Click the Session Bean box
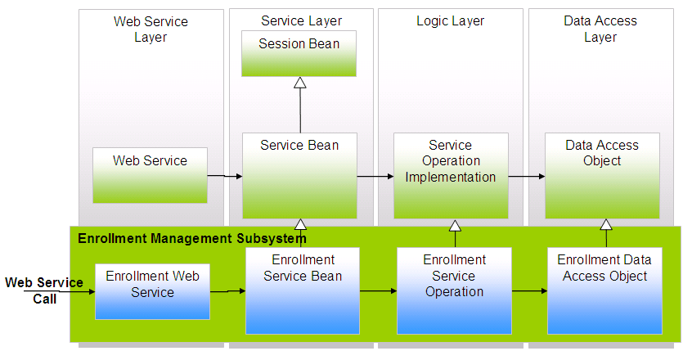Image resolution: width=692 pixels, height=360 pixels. pyautogui.click(x=299, y=53)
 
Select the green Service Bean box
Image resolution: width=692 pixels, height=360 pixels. pyautogui.click(x=299, y=175)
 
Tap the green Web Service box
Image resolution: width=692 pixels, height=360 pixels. pyautogui.click(x=150, y=175)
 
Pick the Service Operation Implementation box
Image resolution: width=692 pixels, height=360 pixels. pyautogui.click(x=451, y=175)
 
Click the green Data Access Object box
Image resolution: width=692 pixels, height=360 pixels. pyautogui.click(x=602, y=175)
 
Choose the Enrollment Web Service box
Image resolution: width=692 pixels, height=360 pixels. pyautogui.click(x=152, y=290)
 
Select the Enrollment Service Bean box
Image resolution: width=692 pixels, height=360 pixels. pyautogui.click(x=303, y=290)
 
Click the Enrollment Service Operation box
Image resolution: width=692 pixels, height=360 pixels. pyautogui.click(x=454, y=290)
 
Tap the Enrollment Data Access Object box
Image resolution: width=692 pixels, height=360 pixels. pyautogui.click(x=604, y=290)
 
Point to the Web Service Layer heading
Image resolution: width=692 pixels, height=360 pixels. pyautogui.click(x=151, y=29)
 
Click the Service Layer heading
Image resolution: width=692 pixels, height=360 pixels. pyautogui.click(x=301, y=20)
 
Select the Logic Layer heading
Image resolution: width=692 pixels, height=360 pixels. pyautogui.click(x=450, y=20)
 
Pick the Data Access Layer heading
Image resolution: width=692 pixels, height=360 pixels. pyautogui.click(x=600, y=29)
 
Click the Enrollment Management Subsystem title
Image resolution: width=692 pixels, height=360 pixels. pyautogui.click(x=191, y=238)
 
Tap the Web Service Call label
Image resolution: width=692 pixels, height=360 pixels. pyautogui.click(x=44, y=290)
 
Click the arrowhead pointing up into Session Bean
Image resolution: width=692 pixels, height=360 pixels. pyautogui.click(x=300, y=83)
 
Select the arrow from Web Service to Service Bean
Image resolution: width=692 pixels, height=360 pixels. pyautogui.click(x=225, y=175)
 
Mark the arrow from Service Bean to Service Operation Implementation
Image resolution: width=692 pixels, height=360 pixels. pyautogui.click(x=375, y=175)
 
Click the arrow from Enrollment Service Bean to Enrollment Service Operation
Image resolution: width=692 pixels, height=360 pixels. pyautogui.click(x=378, y=290)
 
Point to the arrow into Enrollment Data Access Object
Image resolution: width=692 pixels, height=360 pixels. pyautogui.click(x=528, y=290)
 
